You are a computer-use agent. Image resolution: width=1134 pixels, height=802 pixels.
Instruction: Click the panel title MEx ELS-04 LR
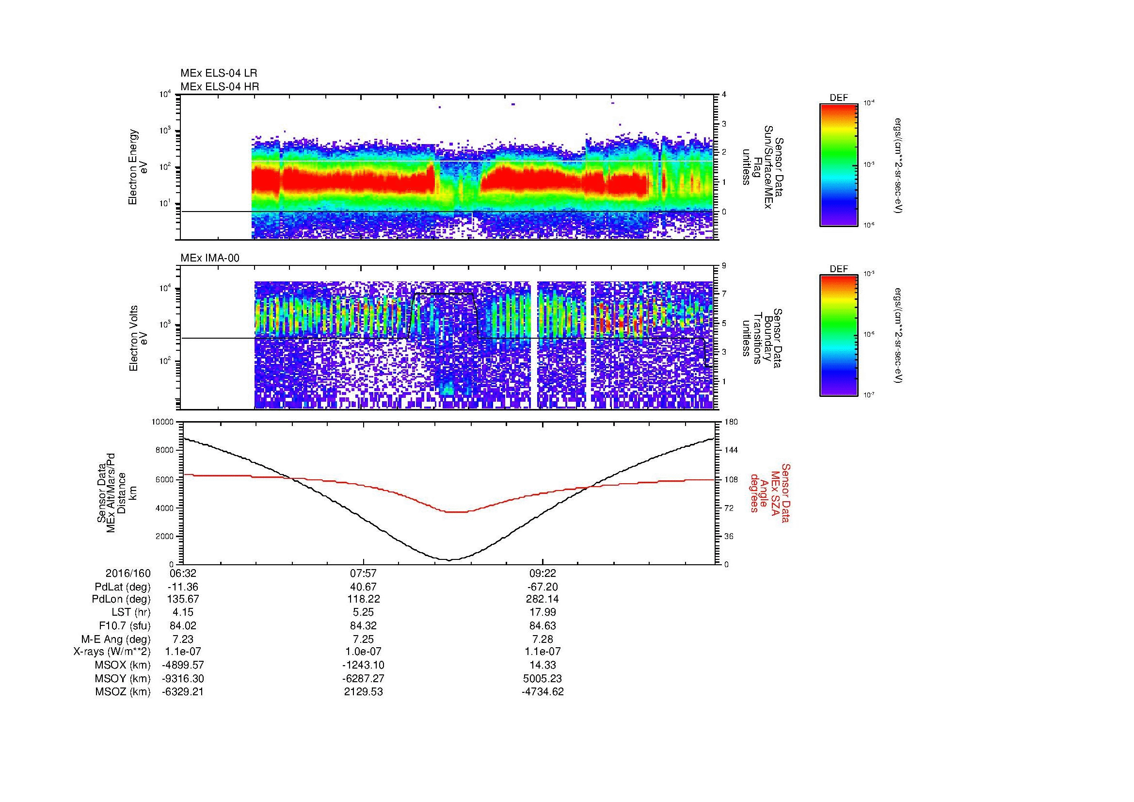218,73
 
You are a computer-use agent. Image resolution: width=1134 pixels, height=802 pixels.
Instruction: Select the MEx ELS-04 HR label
219,86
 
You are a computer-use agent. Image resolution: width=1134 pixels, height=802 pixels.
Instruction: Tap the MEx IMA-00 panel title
209,258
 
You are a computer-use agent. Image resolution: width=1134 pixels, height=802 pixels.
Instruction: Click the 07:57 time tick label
363,573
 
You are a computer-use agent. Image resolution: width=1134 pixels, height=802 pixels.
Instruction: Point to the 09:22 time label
543,573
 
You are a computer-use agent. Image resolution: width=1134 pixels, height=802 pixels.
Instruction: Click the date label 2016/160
128,573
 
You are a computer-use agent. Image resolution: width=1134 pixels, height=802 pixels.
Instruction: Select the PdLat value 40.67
363,587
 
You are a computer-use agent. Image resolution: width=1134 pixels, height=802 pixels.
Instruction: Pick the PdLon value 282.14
543,600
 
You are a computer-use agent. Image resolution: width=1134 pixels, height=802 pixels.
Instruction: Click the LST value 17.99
543,613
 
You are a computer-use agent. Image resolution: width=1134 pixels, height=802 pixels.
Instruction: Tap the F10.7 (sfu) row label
124,626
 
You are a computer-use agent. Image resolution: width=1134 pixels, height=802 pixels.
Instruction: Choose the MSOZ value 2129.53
363,692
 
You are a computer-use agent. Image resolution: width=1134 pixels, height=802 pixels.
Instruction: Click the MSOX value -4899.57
183,666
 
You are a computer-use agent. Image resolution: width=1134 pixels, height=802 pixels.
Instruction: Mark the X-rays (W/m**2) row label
112,652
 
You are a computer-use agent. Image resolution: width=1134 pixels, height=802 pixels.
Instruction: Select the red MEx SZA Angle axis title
769,492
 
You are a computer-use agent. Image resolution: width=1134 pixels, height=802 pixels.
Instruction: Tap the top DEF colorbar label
839,98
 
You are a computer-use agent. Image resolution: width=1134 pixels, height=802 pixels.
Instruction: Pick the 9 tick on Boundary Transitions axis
724,266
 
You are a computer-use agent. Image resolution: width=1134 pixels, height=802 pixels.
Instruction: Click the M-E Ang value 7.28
543,639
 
